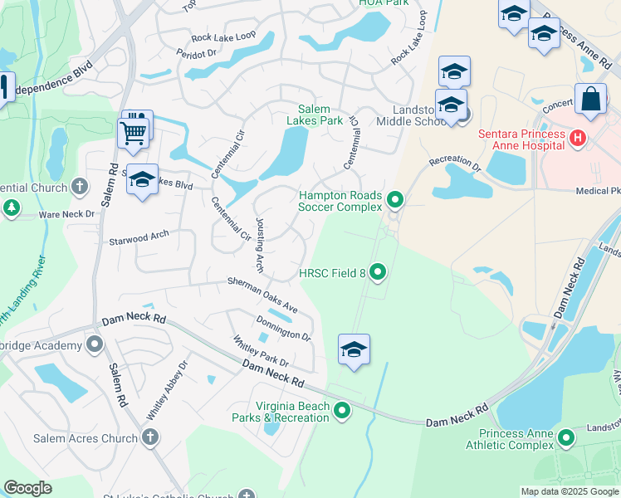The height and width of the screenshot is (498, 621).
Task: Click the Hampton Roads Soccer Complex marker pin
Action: [x=395, y=200]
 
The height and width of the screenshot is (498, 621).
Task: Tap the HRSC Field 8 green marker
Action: [x=379, y=271]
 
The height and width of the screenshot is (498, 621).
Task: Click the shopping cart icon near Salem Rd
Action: [x=133, y=132]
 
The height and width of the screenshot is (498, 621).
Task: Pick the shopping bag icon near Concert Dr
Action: [x=592, y=99]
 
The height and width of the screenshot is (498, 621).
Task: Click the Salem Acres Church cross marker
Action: [x=149, y=437]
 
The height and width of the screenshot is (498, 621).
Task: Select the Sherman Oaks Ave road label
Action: [x=263, y=294]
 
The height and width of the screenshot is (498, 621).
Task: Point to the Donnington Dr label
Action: [x=284, y=329]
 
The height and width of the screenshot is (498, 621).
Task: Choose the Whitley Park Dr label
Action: [x=261, y=352]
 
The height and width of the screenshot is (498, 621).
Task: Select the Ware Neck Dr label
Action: [x=67, y=214]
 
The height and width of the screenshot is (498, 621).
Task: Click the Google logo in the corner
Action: [x=27, y=488]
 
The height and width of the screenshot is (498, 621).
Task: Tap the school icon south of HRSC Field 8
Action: [x=354, y=350]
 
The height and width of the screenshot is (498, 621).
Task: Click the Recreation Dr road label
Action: [x=455, y=162]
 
